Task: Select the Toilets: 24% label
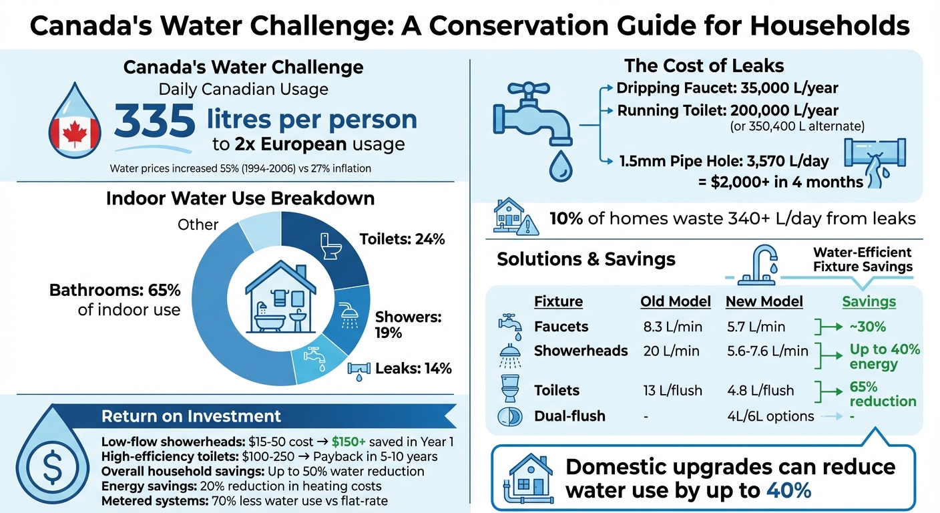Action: (x=402, y=239)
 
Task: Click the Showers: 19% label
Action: (x=408, y=325)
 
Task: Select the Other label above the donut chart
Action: (x=198, y=224)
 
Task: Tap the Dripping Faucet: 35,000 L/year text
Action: (x=727, y=88)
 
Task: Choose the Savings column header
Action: (x=869, y=302)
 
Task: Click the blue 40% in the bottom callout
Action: (x=785, y=491)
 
